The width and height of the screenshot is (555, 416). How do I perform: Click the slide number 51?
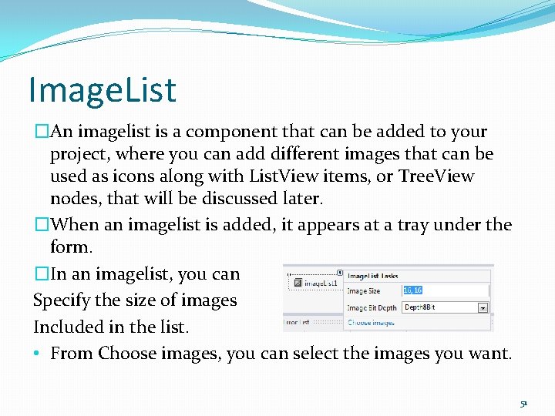point(523,403)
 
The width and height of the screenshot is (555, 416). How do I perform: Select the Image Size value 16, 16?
point(413,290)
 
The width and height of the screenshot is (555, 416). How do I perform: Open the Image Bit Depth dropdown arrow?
point(483,307)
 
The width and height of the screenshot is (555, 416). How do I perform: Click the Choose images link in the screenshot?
point(371,323)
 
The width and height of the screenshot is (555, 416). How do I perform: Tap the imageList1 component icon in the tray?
point(295,283)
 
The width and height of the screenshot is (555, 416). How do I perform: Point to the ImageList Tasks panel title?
point(372,276)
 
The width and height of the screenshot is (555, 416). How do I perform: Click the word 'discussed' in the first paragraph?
point(238,198)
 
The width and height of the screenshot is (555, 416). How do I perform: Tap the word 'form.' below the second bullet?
point(71,248)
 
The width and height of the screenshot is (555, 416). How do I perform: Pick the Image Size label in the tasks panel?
point(363,291)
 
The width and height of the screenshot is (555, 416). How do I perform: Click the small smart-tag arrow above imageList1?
point(340,272)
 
